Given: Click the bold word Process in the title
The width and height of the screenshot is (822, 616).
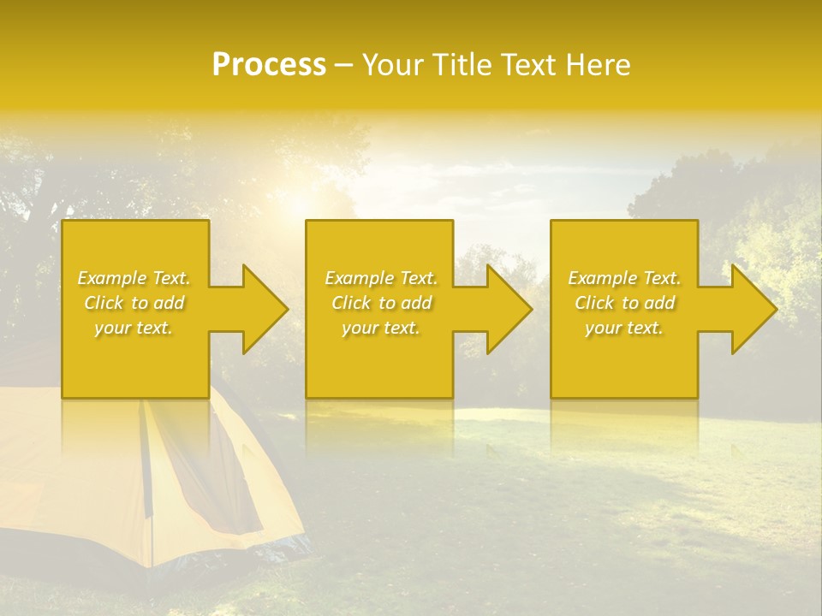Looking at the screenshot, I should [x=269, y=65].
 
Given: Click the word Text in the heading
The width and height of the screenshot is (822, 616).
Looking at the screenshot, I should [x=527, y=65].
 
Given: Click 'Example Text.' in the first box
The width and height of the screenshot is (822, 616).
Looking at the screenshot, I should [x=134, y=278].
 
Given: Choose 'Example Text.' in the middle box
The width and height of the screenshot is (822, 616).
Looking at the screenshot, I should [x=381, y=278].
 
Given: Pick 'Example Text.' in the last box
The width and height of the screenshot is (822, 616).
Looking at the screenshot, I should [x=624, y=278].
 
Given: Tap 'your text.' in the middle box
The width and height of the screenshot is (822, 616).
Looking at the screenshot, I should [x=380, y=328].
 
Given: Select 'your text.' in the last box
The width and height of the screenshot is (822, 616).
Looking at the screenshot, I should [x=623, y=328].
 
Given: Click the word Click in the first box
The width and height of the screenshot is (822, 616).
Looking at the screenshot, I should [x=104, y=303].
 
